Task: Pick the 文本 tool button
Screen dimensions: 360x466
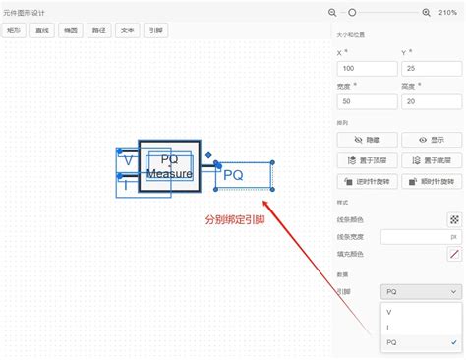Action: [127, 30]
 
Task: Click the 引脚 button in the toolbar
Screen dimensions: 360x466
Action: [155, 30]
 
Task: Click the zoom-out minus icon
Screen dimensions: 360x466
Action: [332, 12]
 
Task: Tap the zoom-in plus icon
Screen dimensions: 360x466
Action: [426, 12]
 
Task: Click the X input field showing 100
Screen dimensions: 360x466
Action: [365, 69]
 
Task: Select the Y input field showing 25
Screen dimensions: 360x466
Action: [429, 69]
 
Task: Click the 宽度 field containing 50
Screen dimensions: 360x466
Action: [365, 101]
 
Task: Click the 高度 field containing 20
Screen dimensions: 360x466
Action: [429, 101]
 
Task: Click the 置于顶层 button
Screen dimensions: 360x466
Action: [365, 159]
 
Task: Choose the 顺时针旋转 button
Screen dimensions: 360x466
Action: [430, 181]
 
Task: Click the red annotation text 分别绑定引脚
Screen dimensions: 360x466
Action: [234, 219]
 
